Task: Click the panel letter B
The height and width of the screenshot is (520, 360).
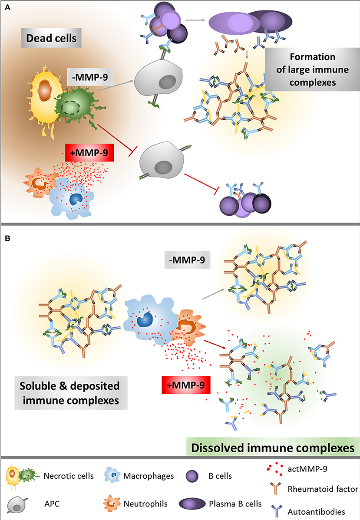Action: coord(7,238)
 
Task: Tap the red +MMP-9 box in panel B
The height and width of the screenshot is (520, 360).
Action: coord(183,384)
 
